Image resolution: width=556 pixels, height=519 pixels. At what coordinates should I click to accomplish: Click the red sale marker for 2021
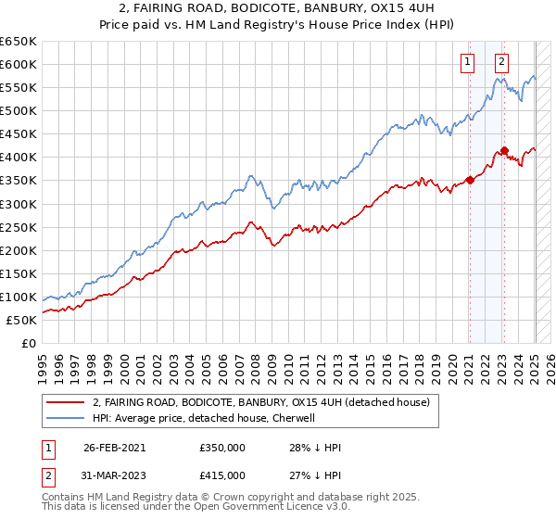[470, 180]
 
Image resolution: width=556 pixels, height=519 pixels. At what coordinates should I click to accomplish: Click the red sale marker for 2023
[504, 150]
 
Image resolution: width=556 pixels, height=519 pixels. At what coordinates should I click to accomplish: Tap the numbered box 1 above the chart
[466, 63]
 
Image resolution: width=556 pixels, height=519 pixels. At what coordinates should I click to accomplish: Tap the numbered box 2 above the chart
[501, 63]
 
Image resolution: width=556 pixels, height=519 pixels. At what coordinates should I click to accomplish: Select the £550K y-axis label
[19, 87]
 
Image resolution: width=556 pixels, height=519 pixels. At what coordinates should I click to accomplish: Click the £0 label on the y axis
[28, 343]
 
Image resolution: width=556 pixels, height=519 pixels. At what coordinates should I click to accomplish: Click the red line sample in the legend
[66, 403]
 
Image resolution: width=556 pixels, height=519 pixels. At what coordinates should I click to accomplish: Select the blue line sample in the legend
[66, 418]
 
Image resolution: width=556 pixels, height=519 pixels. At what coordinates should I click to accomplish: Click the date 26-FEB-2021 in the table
[114, 447]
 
